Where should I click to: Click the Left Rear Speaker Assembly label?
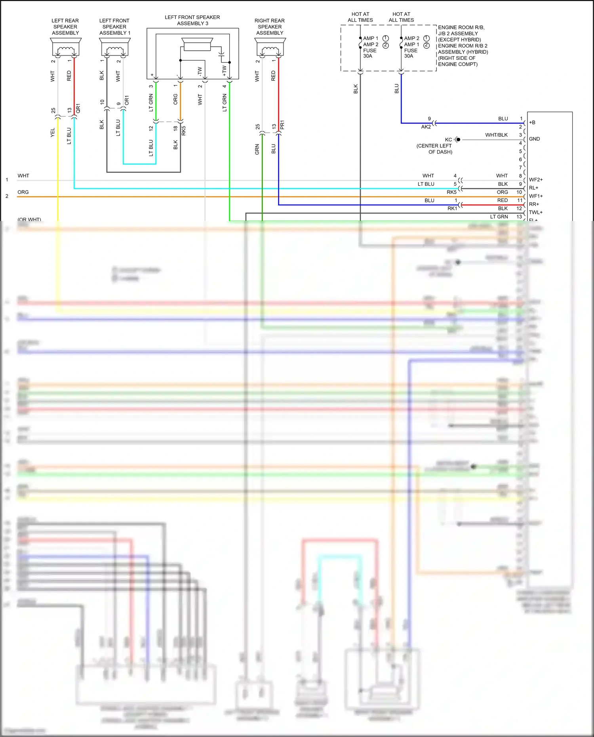click(x=65, y=27)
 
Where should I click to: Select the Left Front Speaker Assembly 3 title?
click(x=192, y=20)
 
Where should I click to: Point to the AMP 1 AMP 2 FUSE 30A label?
click(x=370, y=47)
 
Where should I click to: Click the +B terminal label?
click(x=532, y=122)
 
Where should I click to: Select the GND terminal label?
click(x=534, y=139)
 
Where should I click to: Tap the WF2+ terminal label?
click(x=536, y=180)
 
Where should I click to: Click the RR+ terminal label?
click(x=534, y=204)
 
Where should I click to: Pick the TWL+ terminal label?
click(x=536, y=213)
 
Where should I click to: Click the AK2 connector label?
click(x=426, y=127)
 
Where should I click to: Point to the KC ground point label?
click(x=448, y=140)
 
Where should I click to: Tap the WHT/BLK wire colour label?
click(x=496, y=135)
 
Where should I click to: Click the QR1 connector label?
click(x=78, y=109)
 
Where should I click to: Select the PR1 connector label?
click(x=282, y=125)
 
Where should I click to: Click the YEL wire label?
click(x=53, y=133)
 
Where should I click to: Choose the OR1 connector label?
click(x=127, y=100)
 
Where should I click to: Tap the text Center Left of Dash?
click(x=434, y=149)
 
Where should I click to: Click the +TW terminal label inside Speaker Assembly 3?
click(x=224, y=71)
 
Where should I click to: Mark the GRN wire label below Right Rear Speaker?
click(x=257, y=149)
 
